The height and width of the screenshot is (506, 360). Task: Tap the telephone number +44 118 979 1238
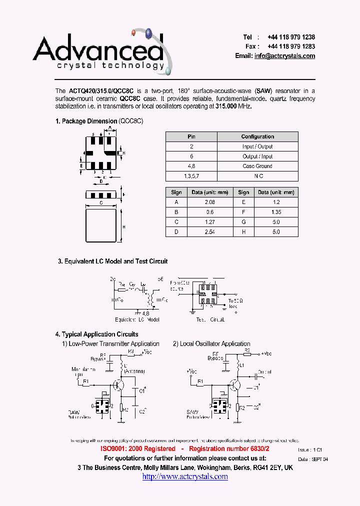point(291,37)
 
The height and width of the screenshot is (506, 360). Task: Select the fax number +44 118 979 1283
point(291,46)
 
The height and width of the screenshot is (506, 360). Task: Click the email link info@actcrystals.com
point(284,56)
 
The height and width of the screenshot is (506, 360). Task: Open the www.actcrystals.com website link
point(185,476)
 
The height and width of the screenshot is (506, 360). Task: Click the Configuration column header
point(257,136)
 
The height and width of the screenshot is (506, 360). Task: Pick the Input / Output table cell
point(257,146)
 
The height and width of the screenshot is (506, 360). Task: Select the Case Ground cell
point(257,166)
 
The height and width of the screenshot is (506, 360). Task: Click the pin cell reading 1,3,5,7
point(191,176)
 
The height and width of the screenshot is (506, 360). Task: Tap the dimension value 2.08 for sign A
point(210,202)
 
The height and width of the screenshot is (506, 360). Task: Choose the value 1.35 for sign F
point(276,212)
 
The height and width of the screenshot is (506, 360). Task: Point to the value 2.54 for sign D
point(210,232)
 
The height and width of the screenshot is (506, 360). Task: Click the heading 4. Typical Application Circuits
point(96,334)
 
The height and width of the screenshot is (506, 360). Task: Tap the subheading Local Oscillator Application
point(214,343)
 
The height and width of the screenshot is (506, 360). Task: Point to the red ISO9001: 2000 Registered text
point(138,449)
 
